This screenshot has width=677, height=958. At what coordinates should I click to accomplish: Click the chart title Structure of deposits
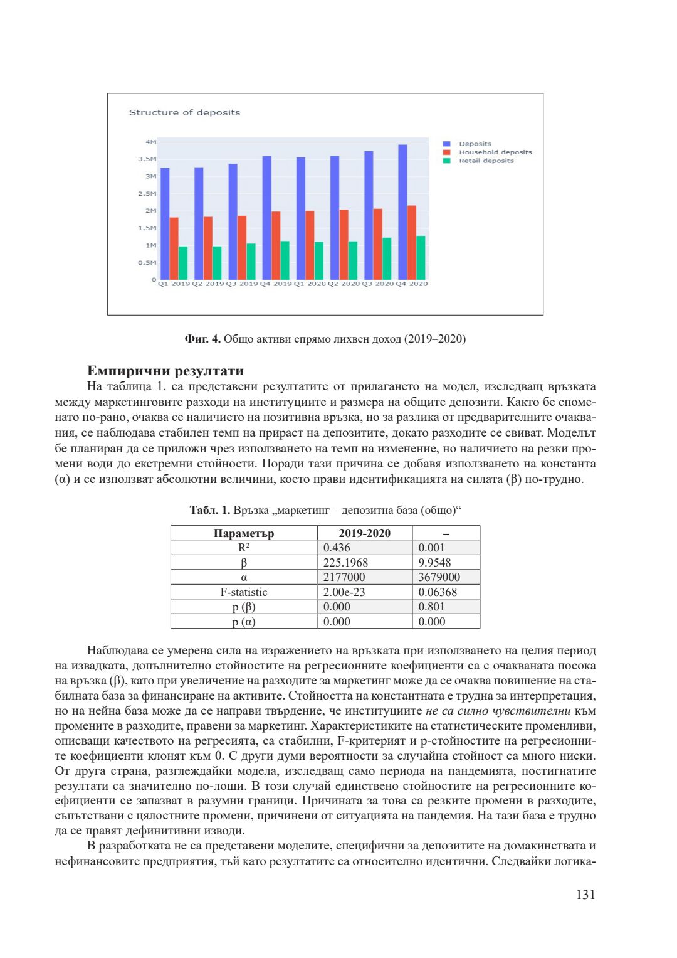(x=184, y=112)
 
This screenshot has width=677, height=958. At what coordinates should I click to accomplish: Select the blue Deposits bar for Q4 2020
(x=402, y=212)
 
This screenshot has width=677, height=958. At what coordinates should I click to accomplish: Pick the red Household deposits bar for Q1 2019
(x=174, y=248)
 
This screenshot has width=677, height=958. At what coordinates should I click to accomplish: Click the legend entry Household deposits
(x=495, y=152)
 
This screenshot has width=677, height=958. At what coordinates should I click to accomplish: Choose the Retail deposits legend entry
(x=486, y=161)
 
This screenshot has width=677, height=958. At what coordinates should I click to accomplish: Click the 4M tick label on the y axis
(x=150, y=142)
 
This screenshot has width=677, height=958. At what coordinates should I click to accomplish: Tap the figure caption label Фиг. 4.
(x=202, y=339)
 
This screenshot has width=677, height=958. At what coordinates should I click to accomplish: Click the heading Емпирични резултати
(x=165, y=370)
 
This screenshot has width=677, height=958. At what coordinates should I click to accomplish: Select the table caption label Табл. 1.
(x=210, y=510)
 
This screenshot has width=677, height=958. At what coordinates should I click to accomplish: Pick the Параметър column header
(x=244, y=533)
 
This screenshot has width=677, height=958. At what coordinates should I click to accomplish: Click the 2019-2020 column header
(x=364, y=533)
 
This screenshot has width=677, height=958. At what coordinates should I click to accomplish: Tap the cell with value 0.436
(x=337, y=548)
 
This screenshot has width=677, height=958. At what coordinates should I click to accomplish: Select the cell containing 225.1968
(x=345, y=563)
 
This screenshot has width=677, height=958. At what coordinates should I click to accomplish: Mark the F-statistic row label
(x=244, y=592)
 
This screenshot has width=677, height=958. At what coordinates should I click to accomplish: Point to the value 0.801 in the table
(x=431, y=607)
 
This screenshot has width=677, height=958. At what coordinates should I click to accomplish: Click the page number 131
(x=585, y=895)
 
